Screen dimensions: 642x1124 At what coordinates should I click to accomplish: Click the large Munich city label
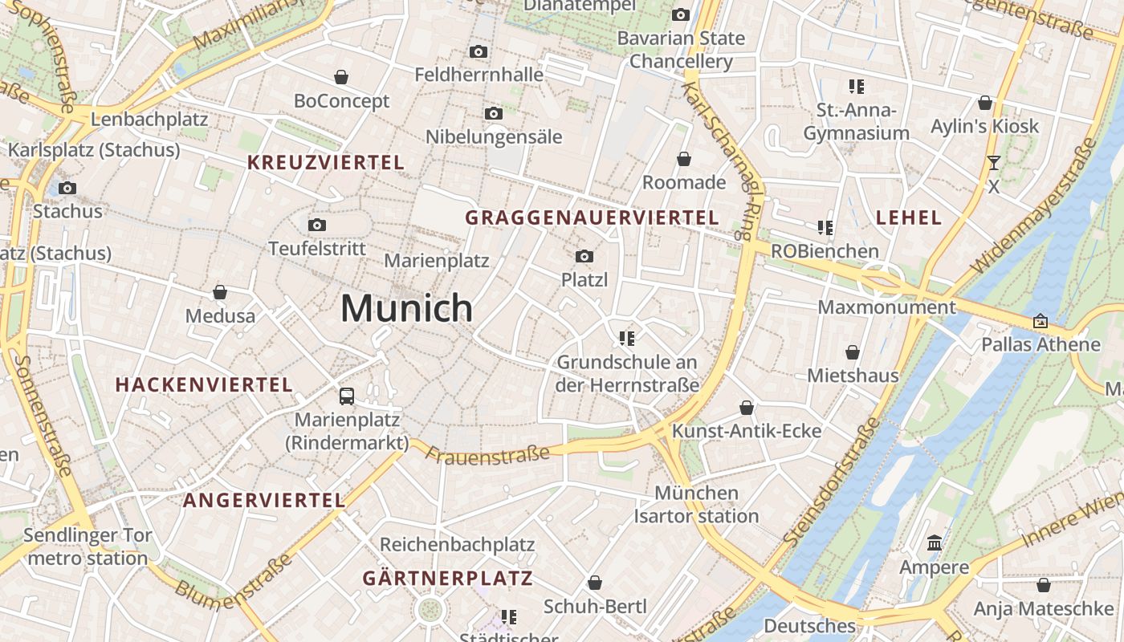[x=407, y=308]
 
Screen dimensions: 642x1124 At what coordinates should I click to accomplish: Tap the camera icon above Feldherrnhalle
[x=479, y=52]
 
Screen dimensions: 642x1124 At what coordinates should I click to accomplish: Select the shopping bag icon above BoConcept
[x=341, y=77]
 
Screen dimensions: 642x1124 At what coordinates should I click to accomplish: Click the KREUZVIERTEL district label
[x=326, y=162]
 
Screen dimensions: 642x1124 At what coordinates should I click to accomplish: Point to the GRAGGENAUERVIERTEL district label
[x=592, y=217]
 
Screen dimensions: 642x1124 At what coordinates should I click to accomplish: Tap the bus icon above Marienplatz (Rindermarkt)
[x=347, y=396]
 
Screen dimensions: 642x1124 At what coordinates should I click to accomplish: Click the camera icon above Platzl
[x=584, y=257]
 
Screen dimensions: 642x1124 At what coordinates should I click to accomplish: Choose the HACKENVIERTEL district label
[x=204, y=384]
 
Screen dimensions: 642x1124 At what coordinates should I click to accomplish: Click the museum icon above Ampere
[x=934, y=544]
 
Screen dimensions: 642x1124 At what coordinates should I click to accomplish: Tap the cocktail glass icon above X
[x=994, y=163]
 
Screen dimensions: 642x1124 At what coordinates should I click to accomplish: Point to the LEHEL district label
[x=909, y=217]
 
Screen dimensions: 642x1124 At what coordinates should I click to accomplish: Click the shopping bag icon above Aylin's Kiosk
[x=985, y=103]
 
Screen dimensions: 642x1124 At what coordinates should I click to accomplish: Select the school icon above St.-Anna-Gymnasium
[x=857, y=86]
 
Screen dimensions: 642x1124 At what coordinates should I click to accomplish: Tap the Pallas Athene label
[x=1041, y=344]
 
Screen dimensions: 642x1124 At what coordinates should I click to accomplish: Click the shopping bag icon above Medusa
[x=220, y=292]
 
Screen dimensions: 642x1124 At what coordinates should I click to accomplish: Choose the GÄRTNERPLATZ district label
[x=447, y=578]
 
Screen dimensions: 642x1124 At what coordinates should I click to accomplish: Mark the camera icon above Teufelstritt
[x=317, y=225]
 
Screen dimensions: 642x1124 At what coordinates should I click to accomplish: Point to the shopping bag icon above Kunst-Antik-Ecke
[x=747, y=408]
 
